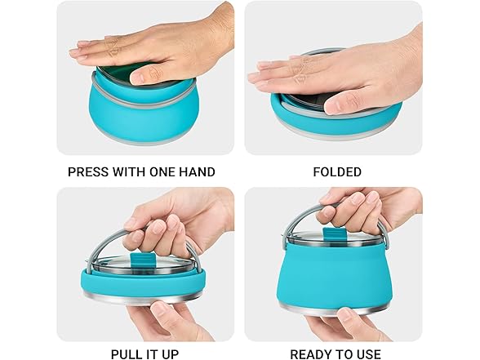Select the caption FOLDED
coord(336,172)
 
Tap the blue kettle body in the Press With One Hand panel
coord(139,114)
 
